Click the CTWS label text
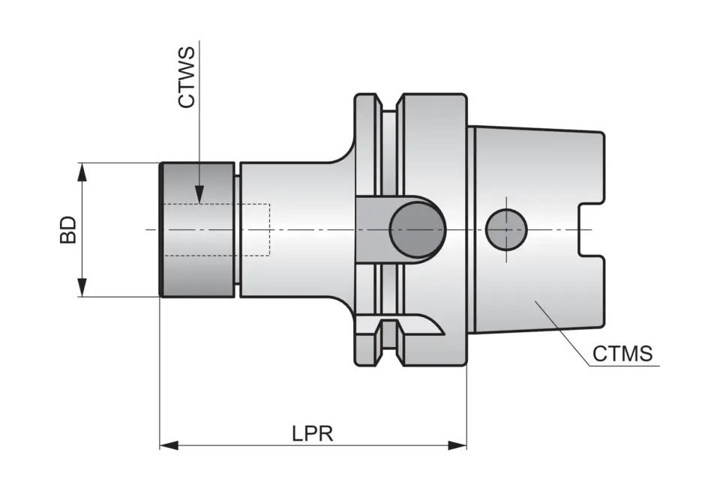[x=187, y=77]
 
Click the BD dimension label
[x=68, y=229]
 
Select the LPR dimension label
[x=312, y=434]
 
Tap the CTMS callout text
[x=622, y=353]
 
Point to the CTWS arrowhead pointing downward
[x=199, y=194]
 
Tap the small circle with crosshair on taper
[x=506, y=229]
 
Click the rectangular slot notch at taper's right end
[x=592, y=229]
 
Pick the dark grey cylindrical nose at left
[x=197, y=229]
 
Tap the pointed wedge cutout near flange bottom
[x=427, y=328]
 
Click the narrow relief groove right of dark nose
[x=236, y=229]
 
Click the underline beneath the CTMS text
[x=622, y=366]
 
